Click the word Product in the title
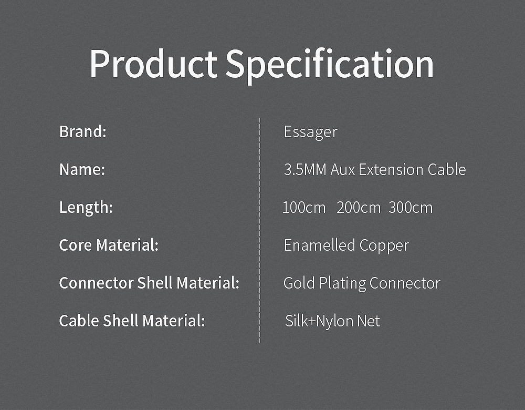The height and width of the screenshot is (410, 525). [153, 64]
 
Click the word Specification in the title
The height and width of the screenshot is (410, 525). [330, 65]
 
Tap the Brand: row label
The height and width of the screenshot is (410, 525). [83, 131]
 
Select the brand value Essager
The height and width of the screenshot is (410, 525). [311, 132]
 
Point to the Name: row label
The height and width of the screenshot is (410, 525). [82, 169]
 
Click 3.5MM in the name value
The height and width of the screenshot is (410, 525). [305, 170]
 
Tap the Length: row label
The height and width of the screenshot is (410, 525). [86, 207]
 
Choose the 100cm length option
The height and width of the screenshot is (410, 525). [304, 208]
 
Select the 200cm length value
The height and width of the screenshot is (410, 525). [359, 208]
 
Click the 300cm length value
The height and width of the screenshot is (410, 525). [411, 208]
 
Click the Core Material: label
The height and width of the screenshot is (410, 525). [109, 245]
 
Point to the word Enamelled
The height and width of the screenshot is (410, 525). [319, 245]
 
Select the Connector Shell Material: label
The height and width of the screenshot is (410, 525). [149, 283]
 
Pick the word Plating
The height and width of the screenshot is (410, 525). [342, 284]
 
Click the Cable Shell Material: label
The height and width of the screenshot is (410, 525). [132, 321]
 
